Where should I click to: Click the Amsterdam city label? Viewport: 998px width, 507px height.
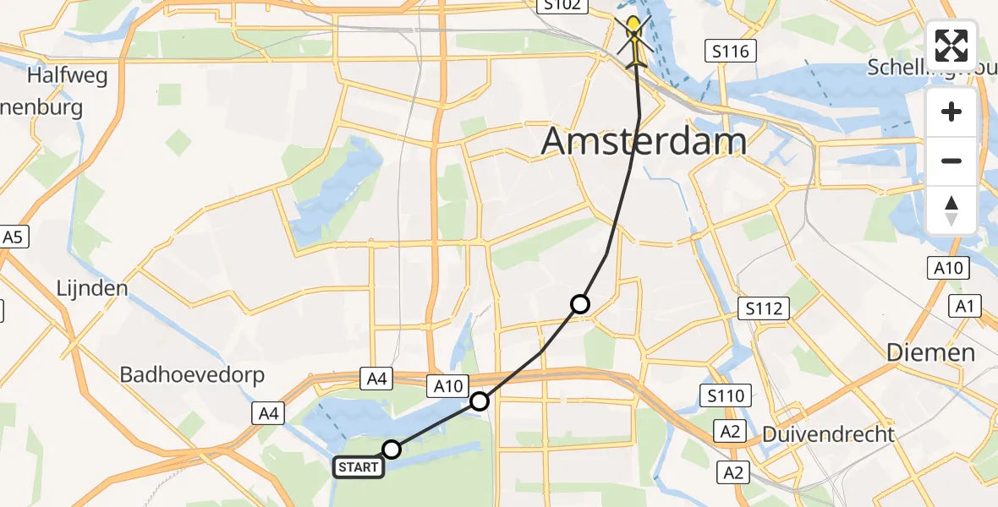[x=644, y=141]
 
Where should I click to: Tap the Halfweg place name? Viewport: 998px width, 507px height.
[x=68, y=75]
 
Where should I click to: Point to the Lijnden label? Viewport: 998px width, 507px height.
[x=91, y=288]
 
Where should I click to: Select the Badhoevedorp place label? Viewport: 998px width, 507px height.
[x=192, y=374]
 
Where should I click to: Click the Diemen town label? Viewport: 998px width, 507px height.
[x=931, y=352]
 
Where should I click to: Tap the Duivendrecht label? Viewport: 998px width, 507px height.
[x=828, y=434]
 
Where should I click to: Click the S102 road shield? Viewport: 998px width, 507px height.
[x=562, y=5]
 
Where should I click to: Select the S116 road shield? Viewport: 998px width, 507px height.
[x=731, y=52]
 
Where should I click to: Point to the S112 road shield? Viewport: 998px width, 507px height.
[x=764, y=308]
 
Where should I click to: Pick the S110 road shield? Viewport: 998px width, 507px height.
[x=725, y=394]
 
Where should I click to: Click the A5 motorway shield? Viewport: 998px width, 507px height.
[x=13, y=237]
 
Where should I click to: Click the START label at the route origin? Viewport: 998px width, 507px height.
[x=358, y=466]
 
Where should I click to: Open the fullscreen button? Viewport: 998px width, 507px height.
[x=952, y=45]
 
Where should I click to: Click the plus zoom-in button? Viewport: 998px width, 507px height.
[x=952, y=112]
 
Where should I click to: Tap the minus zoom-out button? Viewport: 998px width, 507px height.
[x=952, y=161]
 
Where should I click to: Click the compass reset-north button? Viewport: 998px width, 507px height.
[x=952, y=210]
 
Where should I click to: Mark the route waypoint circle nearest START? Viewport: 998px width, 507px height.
[x=392, y=450]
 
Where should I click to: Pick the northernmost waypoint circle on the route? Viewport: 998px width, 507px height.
[x=580, y=303]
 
